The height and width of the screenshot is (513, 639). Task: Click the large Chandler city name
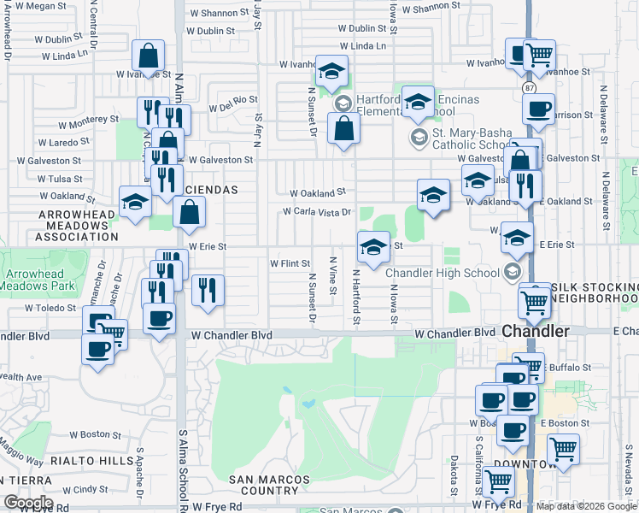tap(534, 330)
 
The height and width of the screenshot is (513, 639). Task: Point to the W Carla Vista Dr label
tap(318, 212)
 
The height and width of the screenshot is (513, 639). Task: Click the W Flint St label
tap(289, 264)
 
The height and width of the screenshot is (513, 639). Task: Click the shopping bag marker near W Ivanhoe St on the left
tap(148, 57)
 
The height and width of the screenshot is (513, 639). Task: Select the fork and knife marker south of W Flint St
tap(208, 292)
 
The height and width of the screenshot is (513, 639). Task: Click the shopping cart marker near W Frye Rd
tap(498, 481)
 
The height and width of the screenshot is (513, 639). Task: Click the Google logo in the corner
tap(28, 503)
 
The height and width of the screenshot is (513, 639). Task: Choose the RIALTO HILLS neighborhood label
tap(92, 460)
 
